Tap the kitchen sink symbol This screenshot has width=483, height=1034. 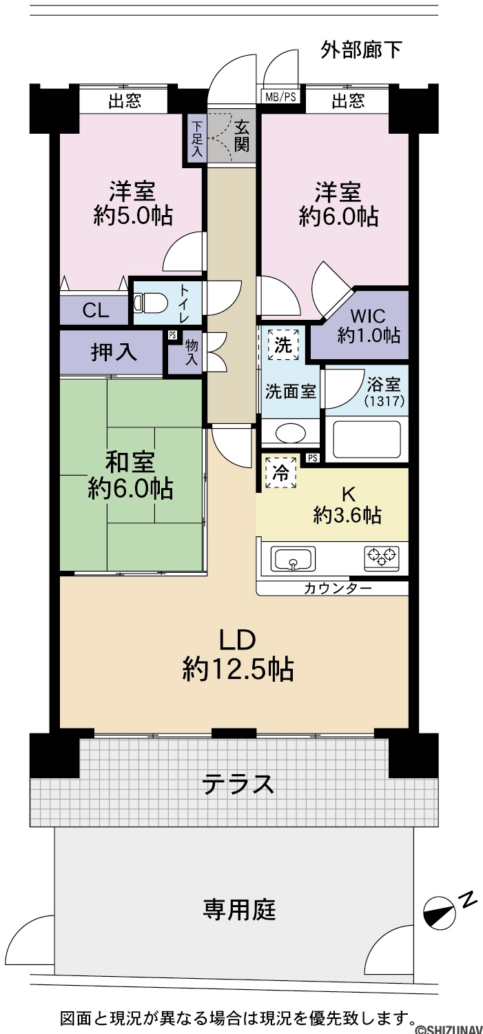click(293, 559)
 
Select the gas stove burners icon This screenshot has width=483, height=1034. click(382, 557)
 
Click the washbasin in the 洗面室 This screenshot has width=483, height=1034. click(290, 434)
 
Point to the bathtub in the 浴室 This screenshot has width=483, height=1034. click(367, 439)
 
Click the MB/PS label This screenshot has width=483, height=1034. click(280, 97)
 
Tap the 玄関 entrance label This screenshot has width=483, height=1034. click(241, 136)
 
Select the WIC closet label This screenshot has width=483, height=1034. click(368, 316)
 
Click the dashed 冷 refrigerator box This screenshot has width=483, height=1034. click(280, 472)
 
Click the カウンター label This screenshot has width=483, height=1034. click(338, 589)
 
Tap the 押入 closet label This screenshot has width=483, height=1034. click(114, 352)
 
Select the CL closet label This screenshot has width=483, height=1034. click(96, 310)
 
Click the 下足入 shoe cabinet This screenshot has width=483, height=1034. click(197, 139)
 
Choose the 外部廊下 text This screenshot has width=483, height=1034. click(361, 50)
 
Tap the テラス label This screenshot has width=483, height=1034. click(238, 784)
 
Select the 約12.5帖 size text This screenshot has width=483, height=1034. click(238, 669)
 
